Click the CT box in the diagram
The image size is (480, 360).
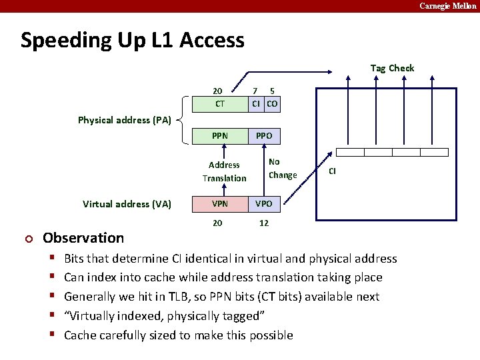(220, 104)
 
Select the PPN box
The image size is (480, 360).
(220, 136)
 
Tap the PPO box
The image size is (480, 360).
(264, 136)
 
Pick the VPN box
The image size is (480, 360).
(220, 204)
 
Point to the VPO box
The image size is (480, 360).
(264, 204)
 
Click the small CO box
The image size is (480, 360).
(272, 104)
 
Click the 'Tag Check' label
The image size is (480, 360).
(392, 68)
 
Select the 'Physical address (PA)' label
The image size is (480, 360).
(125, 120)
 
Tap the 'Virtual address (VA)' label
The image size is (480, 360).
(127, 204)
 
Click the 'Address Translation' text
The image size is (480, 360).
(224, 171)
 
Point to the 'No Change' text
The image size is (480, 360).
(282, 169)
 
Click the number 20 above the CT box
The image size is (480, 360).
(217, 91)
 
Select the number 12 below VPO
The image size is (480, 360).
(264, 223)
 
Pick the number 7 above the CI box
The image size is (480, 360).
(255, 91)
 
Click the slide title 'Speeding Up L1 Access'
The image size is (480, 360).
(133, 40)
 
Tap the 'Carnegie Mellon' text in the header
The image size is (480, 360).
(447, 6)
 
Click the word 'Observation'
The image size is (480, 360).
(83, 238)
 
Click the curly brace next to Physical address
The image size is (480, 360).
(184, 120)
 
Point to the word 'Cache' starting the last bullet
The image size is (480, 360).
(80, 335)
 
